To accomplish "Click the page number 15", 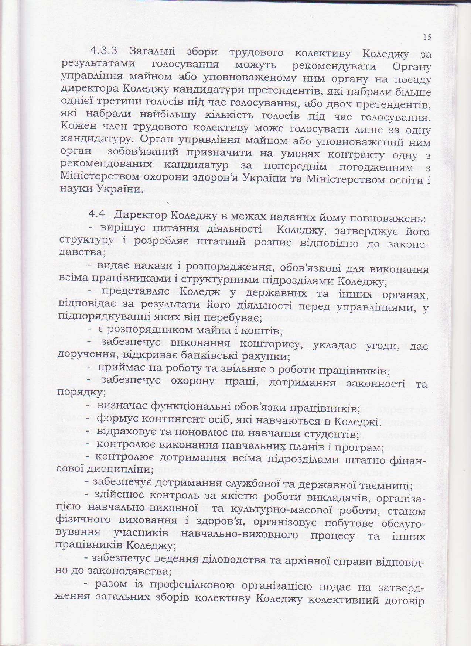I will (427, 37).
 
